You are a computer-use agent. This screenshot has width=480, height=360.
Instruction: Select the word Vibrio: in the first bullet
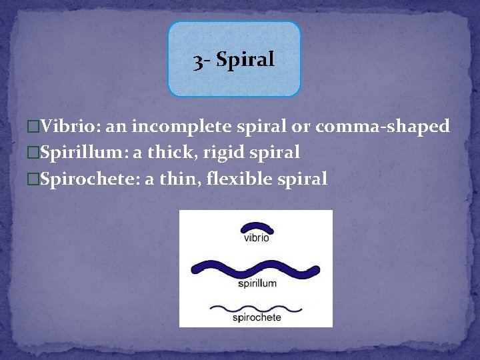[x=65, y=126]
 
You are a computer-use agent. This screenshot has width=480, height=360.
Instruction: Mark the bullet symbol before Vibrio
[x=34, y=126]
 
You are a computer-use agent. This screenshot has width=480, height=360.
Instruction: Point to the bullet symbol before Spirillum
[x=34, y=153]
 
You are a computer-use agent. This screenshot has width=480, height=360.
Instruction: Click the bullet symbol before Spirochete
[x=34, y=179]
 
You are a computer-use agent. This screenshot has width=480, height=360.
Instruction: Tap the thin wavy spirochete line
[x=256, y=308]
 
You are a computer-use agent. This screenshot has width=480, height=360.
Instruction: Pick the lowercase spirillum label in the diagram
[x=257, y=283]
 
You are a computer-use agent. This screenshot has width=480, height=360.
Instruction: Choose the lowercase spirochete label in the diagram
[x=257, y=318]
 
